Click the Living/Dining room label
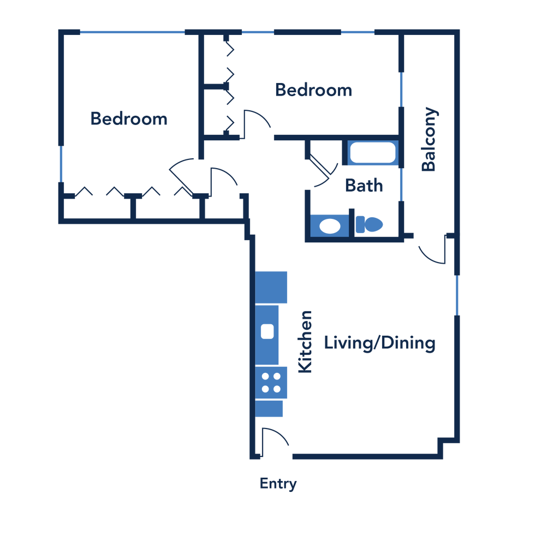click(x=379, y=343)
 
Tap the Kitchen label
click(x=305, y=341)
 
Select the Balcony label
click(x=430, y=139)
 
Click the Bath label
click(x=364, y=186)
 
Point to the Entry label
click(x=278, y=484)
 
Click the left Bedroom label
click(x=129, y=118)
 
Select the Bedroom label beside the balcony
click(x=313, y=90)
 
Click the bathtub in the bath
click(x=373, y=153)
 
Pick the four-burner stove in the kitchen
click(x=271, y=383)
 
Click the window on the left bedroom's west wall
click(x=61, y=164)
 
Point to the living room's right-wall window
click(x=457, y=295)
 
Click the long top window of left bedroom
click(x=132, y=32)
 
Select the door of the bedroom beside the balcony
click(x=257, y=120)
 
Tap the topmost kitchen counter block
click(x=272, y=287)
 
